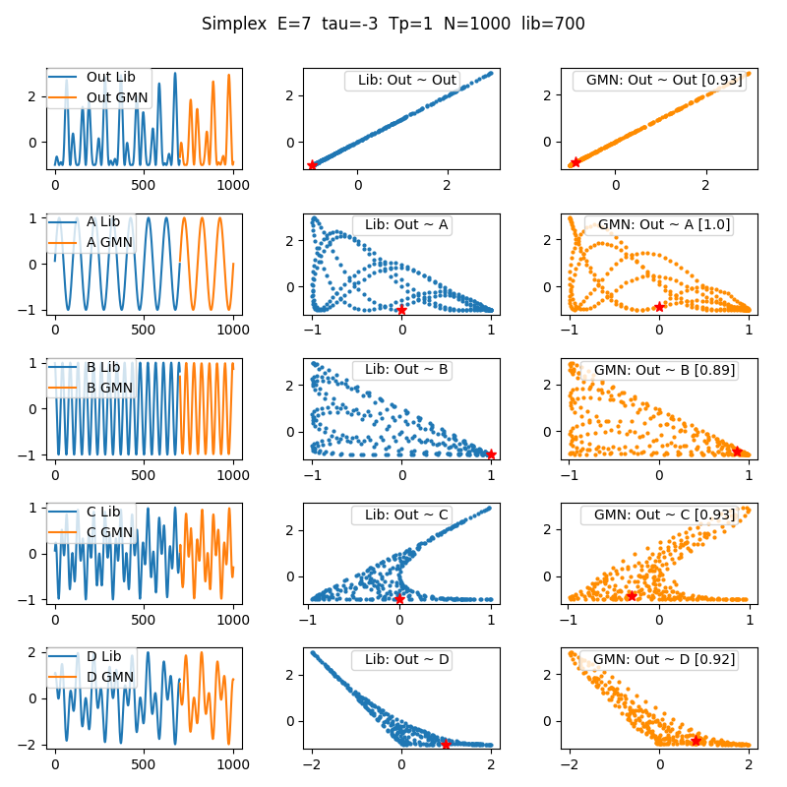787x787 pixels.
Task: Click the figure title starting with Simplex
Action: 393,24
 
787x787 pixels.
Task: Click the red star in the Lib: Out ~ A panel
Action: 401,310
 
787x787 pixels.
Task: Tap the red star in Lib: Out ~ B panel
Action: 491,454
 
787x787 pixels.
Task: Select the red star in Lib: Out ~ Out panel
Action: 313,164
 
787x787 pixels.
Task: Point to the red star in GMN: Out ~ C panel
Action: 632,595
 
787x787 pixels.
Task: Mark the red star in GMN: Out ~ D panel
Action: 696,740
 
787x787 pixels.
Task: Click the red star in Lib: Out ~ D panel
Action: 446,745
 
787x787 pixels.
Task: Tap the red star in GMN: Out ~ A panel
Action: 659,306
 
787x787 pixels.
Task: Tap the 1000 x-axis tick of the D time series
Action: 234,763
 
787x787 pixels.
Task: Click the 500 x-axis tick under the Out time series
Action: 145,184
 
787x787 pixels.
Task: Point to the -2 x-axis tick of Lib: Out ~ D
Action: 313,763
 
